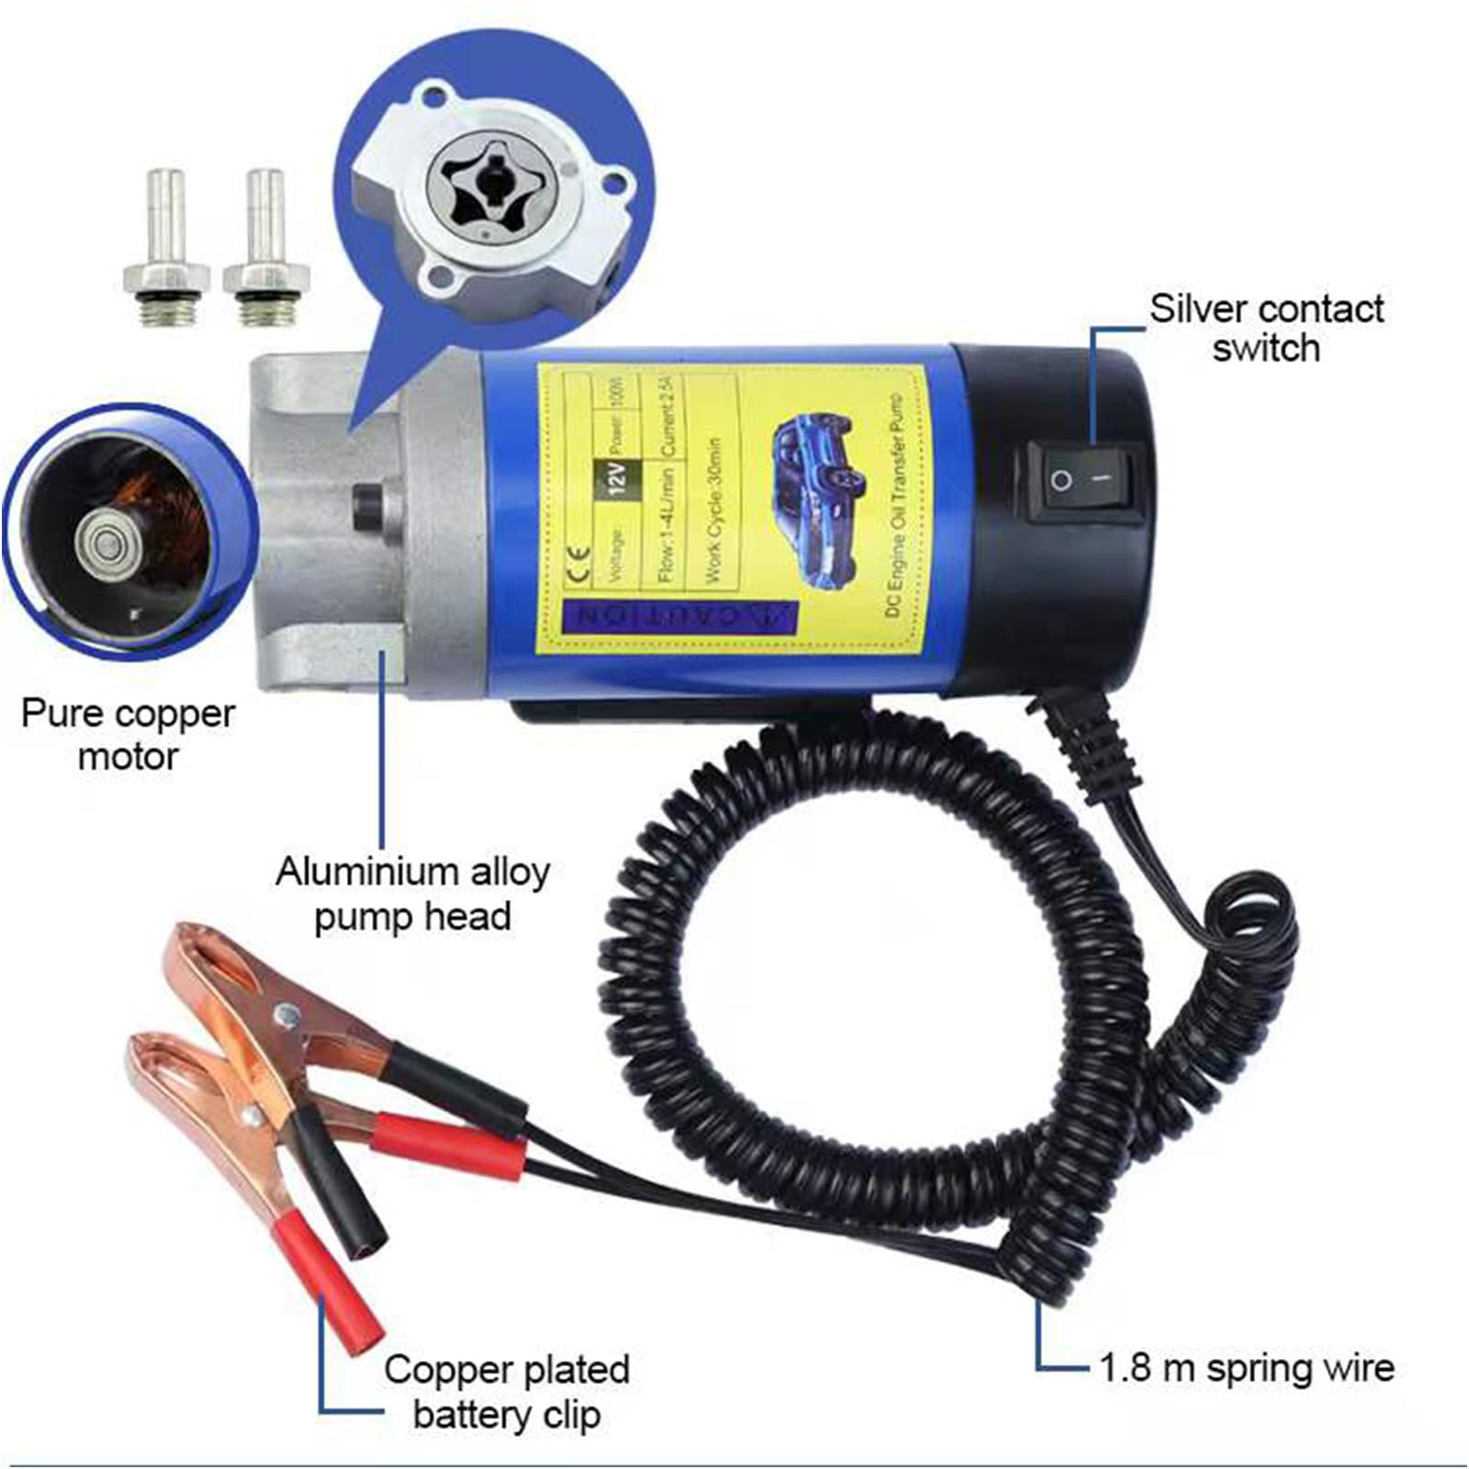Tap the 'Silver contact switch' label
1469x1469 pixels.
pyautogui.click(x=1266, y=328)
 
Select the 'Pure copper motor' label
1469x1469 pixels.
pyautogui.click(x=128, y=734)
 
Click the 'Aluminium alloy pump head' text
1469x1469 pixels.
pyautogui.click(x=412, y=892)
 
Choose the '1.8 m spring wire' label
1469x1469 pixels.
pyautogui.click(x=1247, y=1368)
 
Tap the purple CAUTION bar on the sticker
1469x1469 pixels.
pyautogui.click(x=680, y=615)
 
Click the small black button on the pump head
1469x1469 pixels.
pyautogui.click(x=368, y=504)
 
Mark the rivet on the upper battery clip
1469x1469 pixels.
pyautogui.click(x=286, y=1015)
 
